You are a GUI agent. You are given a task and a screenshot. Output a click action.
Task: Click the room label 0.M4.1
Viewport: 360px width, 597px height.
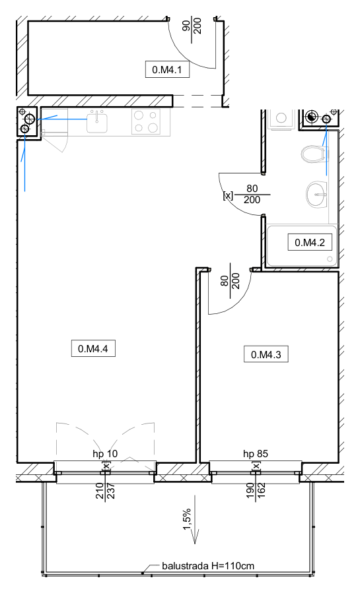(167, 69)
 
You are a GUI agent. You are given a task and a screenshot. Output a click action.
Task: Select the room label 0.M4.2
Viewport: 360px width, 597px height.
(310, 243)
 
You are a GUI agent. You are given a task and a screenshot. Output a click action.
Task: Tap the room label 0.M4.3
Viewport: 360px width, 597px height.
(266, 354)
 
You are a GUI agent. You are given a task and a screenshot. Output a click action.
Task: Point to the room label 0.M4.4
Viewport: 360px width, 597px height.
(93, 348)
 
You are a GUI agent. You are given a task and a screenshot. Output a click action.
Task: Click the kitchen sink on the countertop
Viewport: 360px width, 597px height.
(97, 121)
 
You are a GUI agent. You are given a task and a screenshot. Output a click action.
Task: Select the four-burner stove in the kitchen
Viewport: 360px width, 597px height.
(146, 121)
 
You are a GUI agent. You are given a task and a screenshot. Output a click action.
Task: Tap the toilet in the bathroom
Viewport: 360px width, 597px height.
(314, 154)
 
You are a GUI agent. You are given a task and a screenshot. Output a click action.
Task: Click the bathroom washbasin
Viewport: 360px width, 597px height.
(317, 194)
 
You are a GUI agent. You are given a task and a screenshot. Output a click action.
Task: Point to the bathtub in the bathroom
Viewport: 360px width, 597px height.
(302, 246)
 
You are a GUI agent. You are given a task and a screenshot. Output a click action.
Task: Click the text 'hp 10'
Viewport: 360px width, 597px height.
(105, 453)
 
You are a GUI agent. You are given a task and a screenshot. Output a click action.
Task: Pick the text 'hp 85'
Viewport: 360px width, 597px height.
(256, 453)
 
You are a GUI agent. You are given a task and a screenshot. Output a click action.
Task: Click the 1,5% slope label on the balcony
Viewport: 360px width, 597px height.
(187, 518)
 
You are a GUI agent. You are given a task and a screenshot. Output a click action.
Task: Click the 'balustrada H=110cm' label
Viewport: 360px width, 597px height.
(208, 566)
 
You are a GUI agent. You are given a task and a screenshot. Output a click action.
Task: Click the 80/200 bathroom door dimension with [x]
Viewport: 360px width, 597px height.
(247, 194)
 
